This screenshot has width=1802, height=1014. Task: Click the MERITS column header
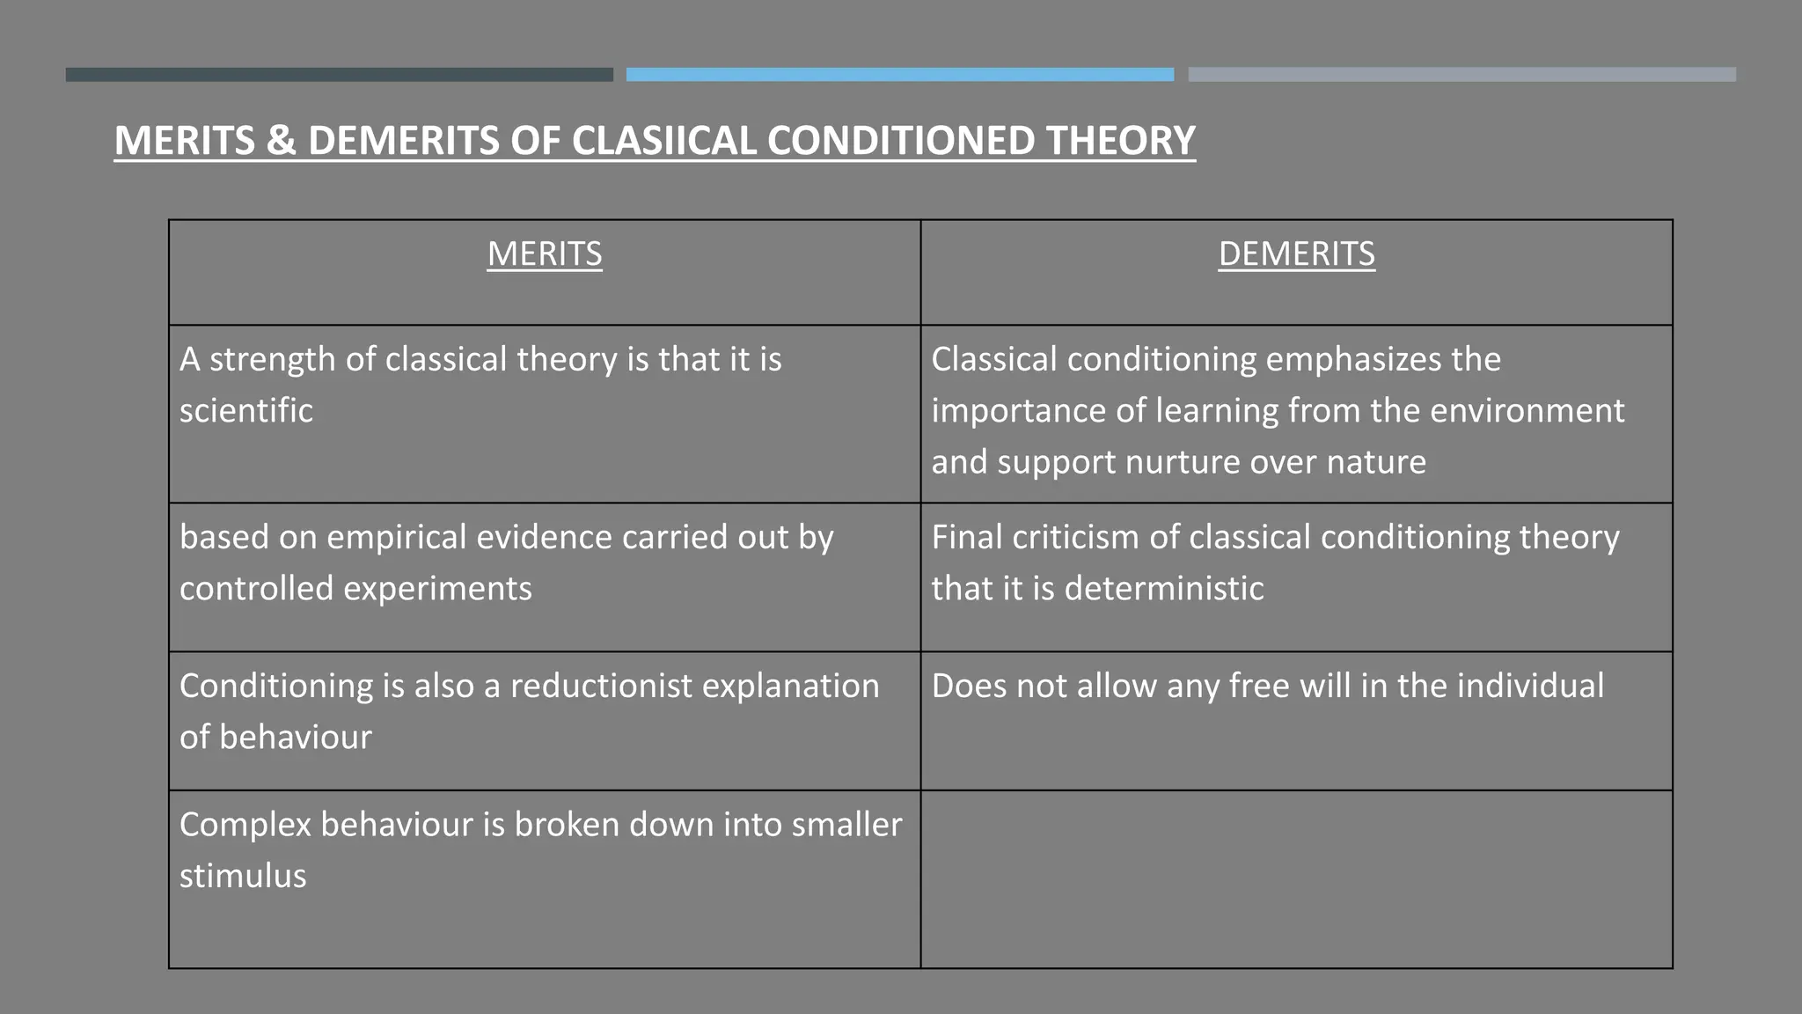[x=545, y=254]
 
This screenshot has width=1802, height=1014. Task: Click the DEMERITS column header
[x=1296, y=254]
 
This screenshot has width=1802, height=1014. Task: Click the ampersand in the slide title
[x=281, y=141]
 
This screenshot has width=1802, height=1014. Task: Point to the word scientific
[x=246, y=411]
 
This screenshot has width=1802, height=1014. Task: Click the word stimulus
[x=243, y=876]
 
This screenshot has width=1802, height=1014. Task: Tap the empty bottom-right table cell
[x=1296, y=878]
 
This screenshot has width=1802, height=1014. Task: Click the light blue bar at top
[x=899, y=75]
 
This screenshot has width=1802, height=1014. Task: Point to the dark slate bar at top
[x=339, y=75]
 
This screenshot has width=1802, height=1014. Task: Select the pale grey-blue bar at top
[x=1461, y=75]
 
